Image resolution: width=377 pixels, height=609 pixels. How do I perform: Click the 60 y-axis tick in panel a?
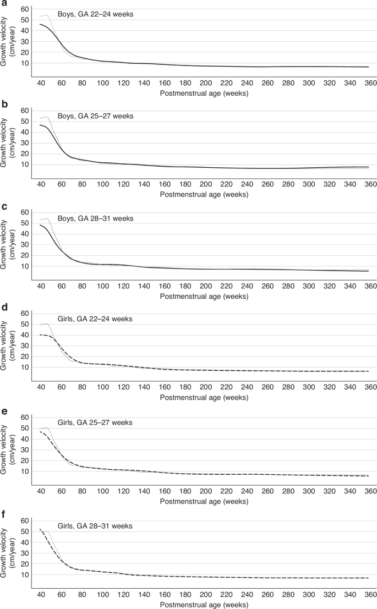coord(24,9)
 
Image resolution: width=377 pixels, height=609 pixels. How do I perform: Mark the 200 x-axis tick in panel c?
coord(205,287)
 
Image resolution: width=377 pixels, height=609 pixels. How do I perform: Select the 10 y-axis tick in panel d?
coord(24,367)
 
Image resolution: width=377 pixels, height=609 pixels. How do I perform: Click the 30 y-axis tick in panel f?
coord(24,553)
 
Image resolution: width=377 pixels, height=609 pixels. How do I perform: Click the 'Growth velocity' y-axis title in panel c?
coord(8,243)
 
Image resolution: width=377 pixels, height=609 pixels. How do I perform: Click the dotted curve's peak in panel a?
coord(45,15)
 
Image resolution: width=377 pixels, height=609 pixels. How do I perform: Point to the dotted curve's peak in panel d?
coord(45,324)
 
